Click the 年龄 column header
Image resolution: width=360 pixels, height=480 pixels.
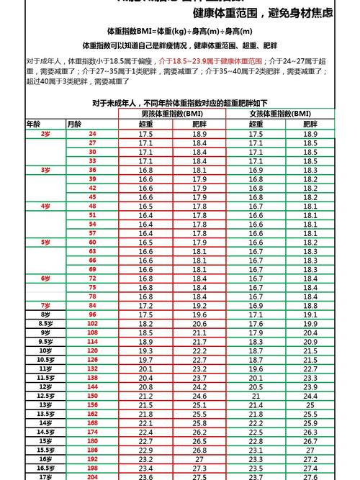(x=34, y=124)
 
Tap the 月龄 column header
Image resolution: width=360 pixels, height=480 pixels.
(x=74, y=124)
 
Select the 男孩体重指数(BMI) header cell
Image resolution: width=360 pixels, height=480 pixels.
(x=172, y=114)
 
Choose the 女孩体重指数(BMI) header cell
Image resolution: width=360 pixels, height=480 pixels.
(x=280, y=114)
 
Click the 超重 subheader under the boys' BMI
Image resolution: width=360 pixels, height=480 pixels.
(x=145, y=124)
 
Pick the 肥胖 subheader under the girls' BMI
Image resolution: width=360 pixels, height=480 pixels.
(x=310, y=124)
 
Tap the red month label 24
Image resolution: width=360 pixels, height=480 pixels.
(x=92, y=134)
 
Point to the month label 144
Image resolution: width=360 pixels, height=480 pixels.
(x=92, y=386)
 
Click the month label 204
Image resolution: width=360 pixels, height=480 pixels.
(x=92, y=476)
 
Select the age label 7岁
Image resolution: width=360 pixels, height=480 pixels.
(x=45, y=305)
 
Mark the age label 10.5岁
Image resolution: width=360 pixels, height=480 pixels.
(x=45, y=359)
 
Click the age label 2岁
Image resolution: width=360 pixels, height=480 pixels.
(x=45, y=134)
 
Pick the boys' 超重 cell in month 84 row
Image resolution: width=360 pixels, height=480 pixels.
(x=145, y=306)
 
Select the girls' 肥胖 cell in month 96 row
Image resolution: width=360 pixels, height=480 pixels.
(x=310, y=314)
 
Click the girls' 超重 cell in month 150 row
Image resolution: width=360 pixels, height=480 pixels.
(x=256, y=396)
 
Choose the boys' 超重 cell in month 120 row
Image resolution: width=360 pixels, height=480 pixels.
(x=145, y=350)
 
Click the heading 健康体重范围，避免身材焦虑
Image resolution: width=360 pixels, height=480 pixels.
(x=263, y=13)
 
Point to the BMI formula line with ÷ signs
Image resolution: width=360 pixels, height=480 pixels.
(x=179, y=32)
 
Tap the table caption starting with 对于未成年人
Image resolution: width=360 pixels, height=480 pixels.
(x=179, y=103)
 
